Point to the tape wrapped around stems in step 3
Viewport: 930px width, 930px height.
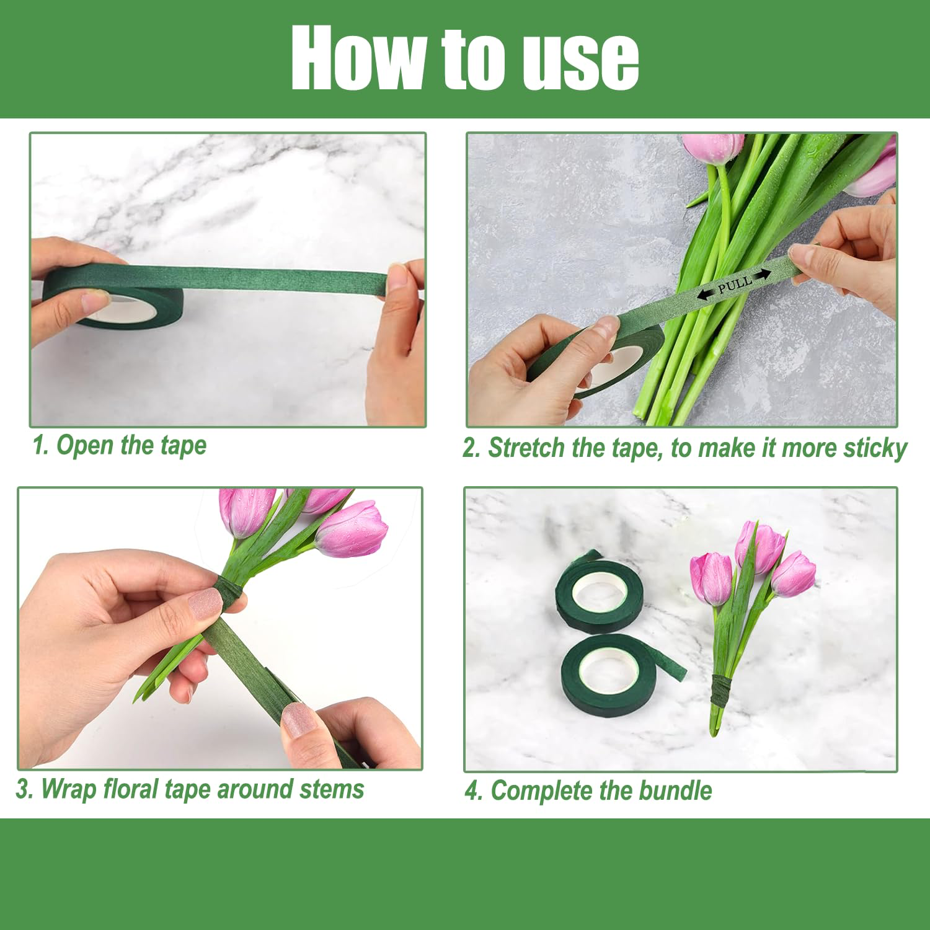(x=228, y=592)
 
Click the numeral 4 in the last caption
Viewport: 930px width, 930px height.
(x=472, y=791)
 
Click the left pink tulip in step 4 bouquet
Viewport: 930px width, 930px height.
(x=712, y=578)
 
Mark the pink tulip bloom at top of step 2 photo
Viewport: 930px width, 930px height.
(x=713, y=149)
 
